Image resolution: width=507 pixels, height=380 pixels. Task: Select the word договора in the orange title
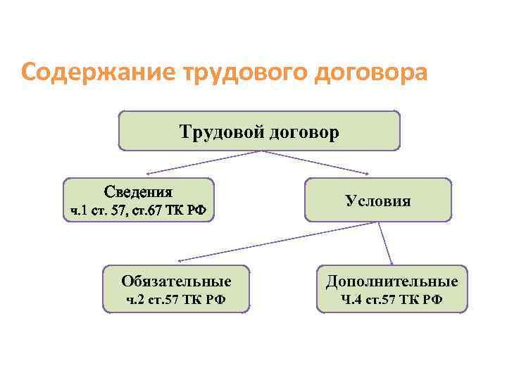pos(365,73)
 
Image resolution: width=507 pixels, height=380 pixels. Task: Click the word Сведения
pos(138,191)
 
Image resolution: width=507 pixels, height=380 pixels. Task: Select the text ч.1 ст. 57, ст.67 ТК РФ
pos(138,210)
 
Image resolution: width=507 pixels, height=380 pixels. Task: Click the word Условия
pos(378,201)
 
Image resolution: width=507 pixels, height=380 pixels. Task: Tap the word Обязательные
pos(176,281)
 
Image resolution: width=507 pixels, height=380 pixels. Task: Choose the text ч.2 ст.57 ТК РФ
pos(176,300)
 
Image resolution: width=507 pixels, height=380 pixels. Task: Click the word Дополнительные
pos(392,281)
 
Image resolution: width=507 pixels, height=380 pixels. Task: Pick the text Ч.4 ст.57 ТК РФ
pos(392,300)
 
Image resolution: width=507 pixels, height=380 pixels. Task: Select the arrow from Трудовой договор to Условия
pos(313,163)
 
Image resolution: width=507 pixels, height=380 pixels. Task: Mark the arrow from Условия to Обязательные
pos(275,241)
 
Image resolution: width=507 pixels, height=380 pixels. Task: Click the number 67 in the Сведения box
pos(149,210)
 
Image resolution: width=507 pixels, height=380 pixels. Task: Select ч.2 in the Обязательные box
pos(134,300)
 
